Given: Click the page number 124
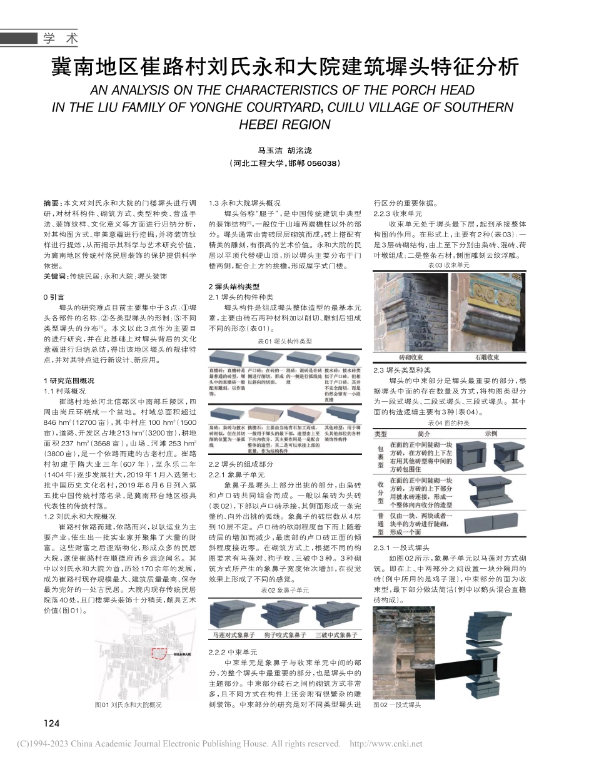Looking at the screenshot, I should point(51,724).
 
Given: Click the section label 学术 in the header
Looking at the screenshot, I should point(61,39).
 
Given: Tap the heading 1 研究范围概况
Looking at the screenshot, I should point(69,380).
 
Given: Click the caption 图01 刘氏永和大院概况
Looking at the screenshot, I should point(128,705).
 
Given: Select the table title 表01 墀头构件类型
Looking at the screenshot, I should point(284,342).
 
